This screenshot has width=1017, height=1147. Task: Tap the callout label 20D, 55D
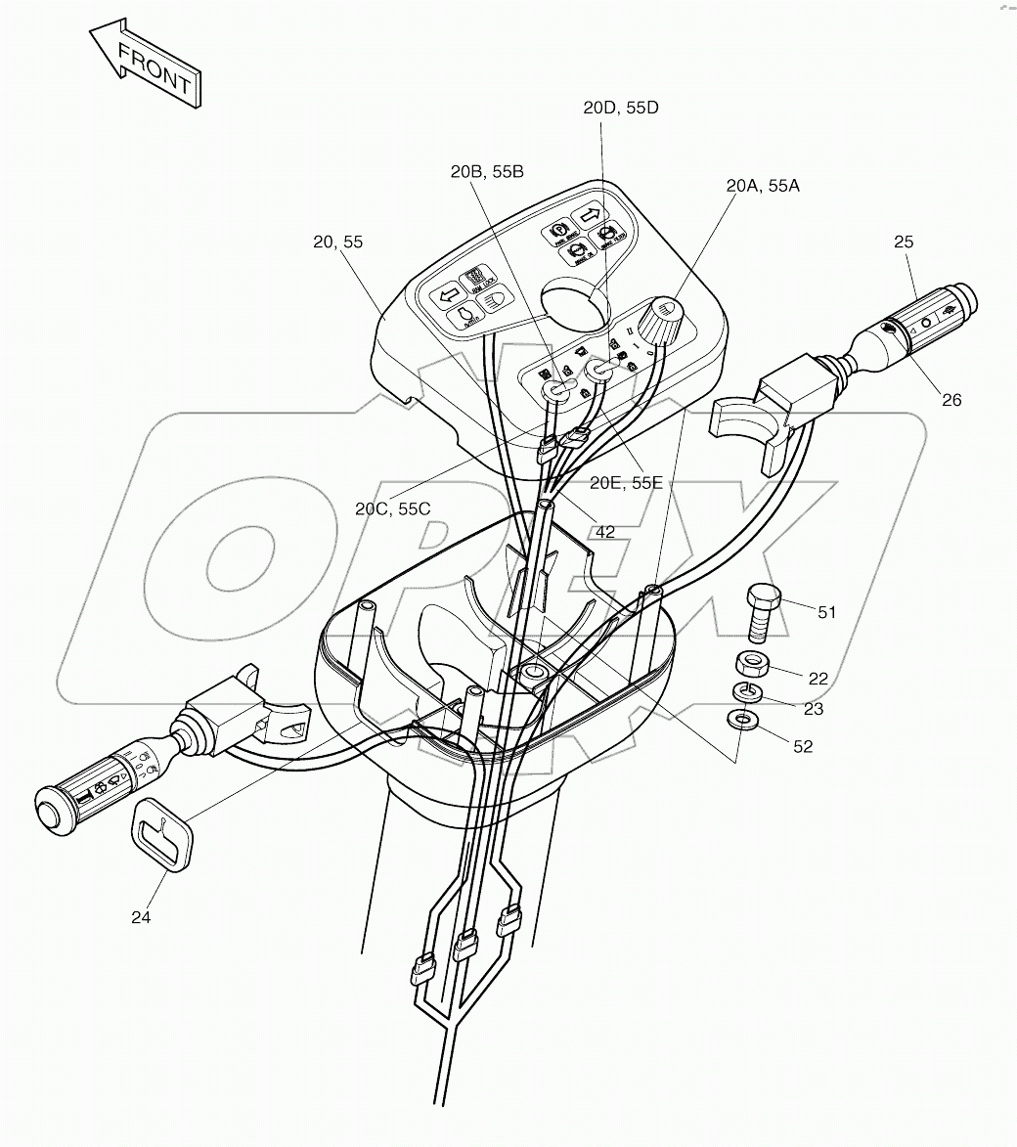[621, 108]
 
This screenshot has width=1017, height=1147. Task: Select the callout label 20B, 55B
[486, 172]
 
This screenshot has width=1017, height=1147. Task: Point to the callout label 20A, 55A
[763, 185]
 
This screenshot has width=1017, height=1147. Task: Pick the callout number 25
[903, 241]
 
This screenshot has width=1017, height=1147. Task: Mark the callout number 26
[951, 399]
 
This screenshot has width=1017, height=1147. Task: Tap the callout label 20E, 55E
[625, 482]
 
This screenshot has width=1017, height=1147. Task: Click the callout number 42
[605, 531]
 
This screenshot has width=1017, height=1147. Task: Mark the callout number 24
[141, 917]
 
